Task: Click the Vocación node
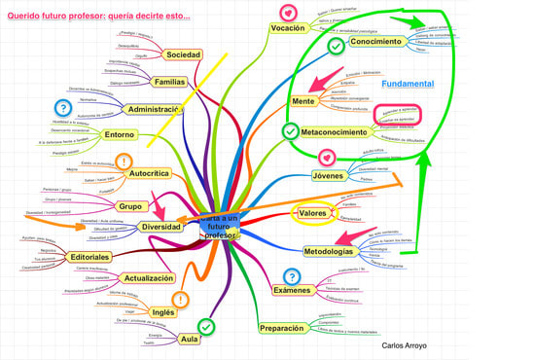click(x=288, y=28)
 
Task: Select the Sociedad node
click(x=182, y=54)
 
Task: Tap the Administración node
click(x=155, y=110)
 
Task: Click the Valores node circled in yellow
click(x=312, y=213)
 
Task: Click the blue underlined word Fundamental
click(x=407, y=84)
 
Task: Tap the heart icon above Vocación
click(x=287, y=12)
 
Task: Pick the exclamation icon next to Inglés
click(x=180, y=300)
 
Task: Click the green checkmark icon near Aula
click(x=205, y=326)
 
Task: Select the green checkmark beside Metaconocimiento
click(x=290, y=130)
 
